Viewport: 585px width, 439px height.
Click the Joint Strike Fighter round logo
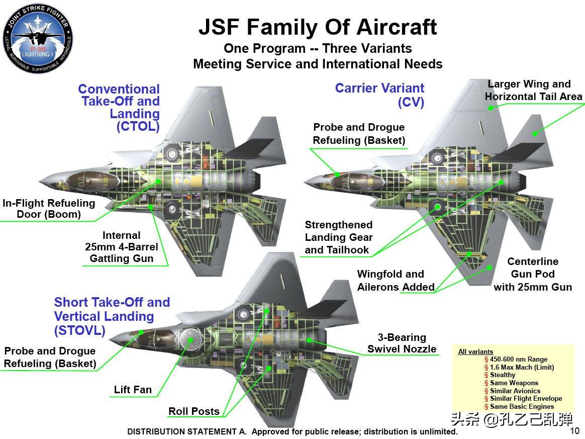[38, 39]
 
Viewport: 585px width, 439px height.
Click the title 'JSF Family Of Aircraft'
[318, 27]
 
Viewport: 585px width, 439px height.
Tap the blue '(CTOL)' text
[138, 126]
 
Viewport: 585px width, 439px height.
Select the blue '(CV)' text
[411, 102]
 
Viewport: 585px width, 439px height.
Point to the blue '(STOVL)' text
[80, 330]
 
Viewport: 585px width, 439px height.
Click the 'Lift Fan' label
[133, 390]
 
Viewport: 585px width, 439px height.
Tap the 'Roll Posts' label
[194, 411]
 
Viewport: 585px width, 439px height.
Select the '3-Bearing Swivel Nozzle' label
[402, 343]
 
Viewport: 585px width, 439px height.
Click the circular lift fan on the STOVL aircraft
[190, 340]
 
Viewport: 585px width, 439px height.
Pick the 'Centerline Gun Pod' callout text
[533, 274]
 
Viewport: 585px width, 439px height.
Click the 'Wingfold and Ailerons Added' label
[396, 281]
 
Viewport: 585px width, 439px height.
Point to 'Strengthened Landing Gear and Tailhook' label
[339, 237]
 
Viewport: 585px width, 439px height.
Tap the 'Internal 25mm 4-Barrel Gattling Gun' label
[122, 247]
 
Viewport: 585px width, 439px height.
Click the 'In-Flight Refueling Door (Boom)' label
[49, 209]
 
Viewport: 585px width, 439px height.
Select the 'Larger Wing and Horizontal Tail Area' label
[533, 90]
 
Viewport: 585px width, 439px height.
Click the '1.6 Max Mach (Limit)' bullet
[522, 367]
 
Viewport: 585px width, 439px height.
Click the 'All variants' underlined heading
[475, 352]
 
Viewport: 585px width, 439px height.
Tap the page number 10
[574, 430]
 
